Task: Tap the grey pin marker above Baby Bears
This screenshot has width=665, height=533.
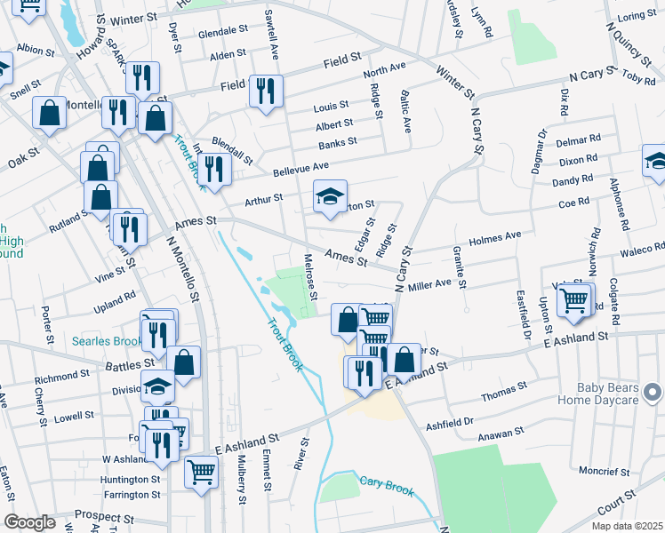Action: click(x=653, y=391)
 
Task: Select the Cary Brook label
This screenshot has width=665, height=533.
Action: click(x=387, y=484)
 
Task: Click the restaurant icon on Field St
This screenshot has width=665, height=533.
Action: click(x=266, y=91)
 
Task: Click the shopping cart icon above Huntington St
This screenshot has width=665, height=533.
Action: click(x=201, y=471)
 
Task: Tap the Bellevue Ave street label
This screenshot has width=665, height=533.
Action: click(x=300, y=167)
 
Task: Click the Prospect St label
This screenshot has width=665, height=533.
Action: click(x=102, y=515)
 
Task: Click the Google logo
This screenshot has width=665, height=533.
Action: click(x=30, y=522)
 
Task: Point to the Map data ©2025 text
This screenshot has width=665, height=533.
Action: click(x=626, y=526)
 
